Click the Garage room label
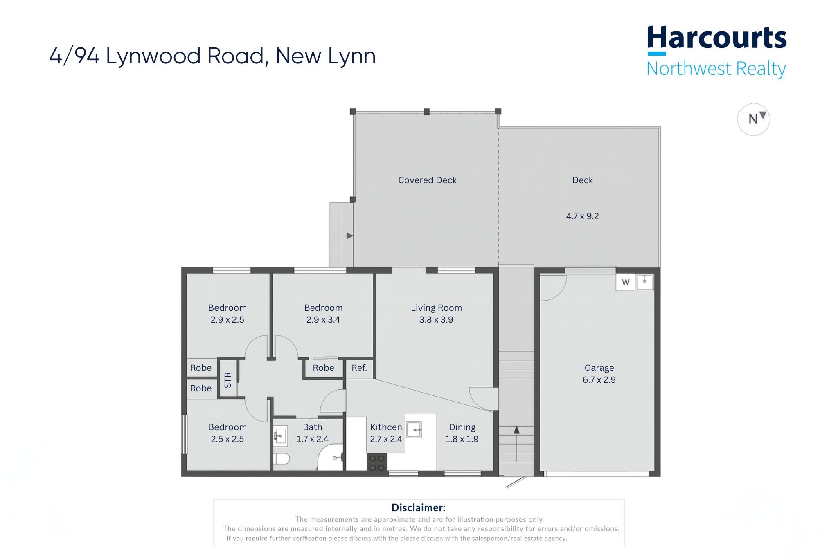click(599, 368)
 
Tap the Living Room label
click(436, 308)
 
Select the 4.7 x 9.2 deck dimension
click(582, 216)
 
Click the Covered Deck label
click(427, 180)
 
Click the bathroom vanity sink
click(280, 436)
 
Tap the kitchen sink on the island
click(414, 430)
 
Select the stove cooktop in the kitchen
click(377, 463)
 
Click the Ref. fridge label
click(359, 368)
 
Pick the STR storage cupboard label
click(228, 380)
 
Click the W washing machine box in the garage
click(626, 282)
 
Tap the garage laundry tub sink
click(644, 282)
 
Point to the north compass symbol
click(753, 119)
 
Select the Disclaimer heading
click(418, 507)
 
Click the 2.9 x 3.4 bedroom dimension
click(323, 320)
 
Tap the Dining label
click(462, 427)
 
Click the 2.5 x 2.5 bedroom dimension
click(227, 439)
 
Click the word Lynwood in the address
click(153, 56)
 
